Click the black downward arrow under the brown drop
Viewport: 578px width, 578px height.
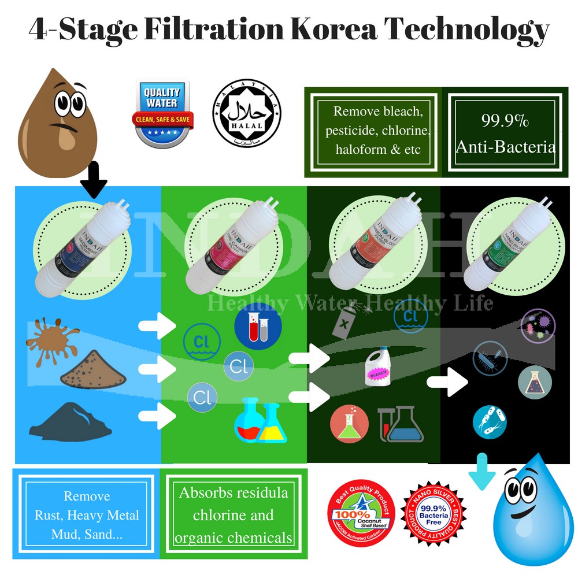[94, 181]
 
